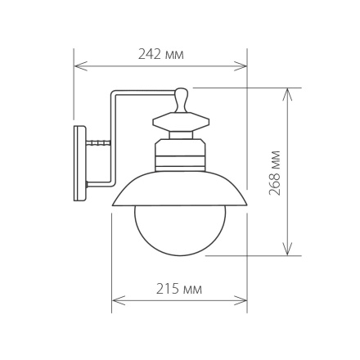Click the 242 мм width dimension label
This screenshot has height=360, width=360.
click(x=160, y=55)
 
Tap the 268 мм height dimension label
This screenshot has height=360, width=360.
click(x=275, y=172)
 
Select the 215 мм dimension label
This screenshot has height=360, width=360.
click(x=178, y=289)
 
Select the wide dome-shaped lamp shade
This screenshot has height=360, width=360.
click(x=179, y=189)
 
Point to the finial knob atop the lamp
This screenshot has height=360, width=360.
click(x=181, y=99)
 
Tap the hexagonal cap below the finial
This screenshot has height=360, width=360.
click(x=181, y=122)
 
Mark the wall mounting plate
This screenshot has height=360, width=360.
click(x=79, y=163)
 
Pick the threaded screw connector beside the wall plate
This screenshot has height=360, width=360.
click(x=98, y=142)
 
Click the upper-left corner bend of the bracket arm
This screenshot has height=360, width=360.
click(x=114, y=94)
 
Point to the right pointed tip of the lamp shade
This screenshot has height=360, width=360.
click(x=245, y=204)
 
